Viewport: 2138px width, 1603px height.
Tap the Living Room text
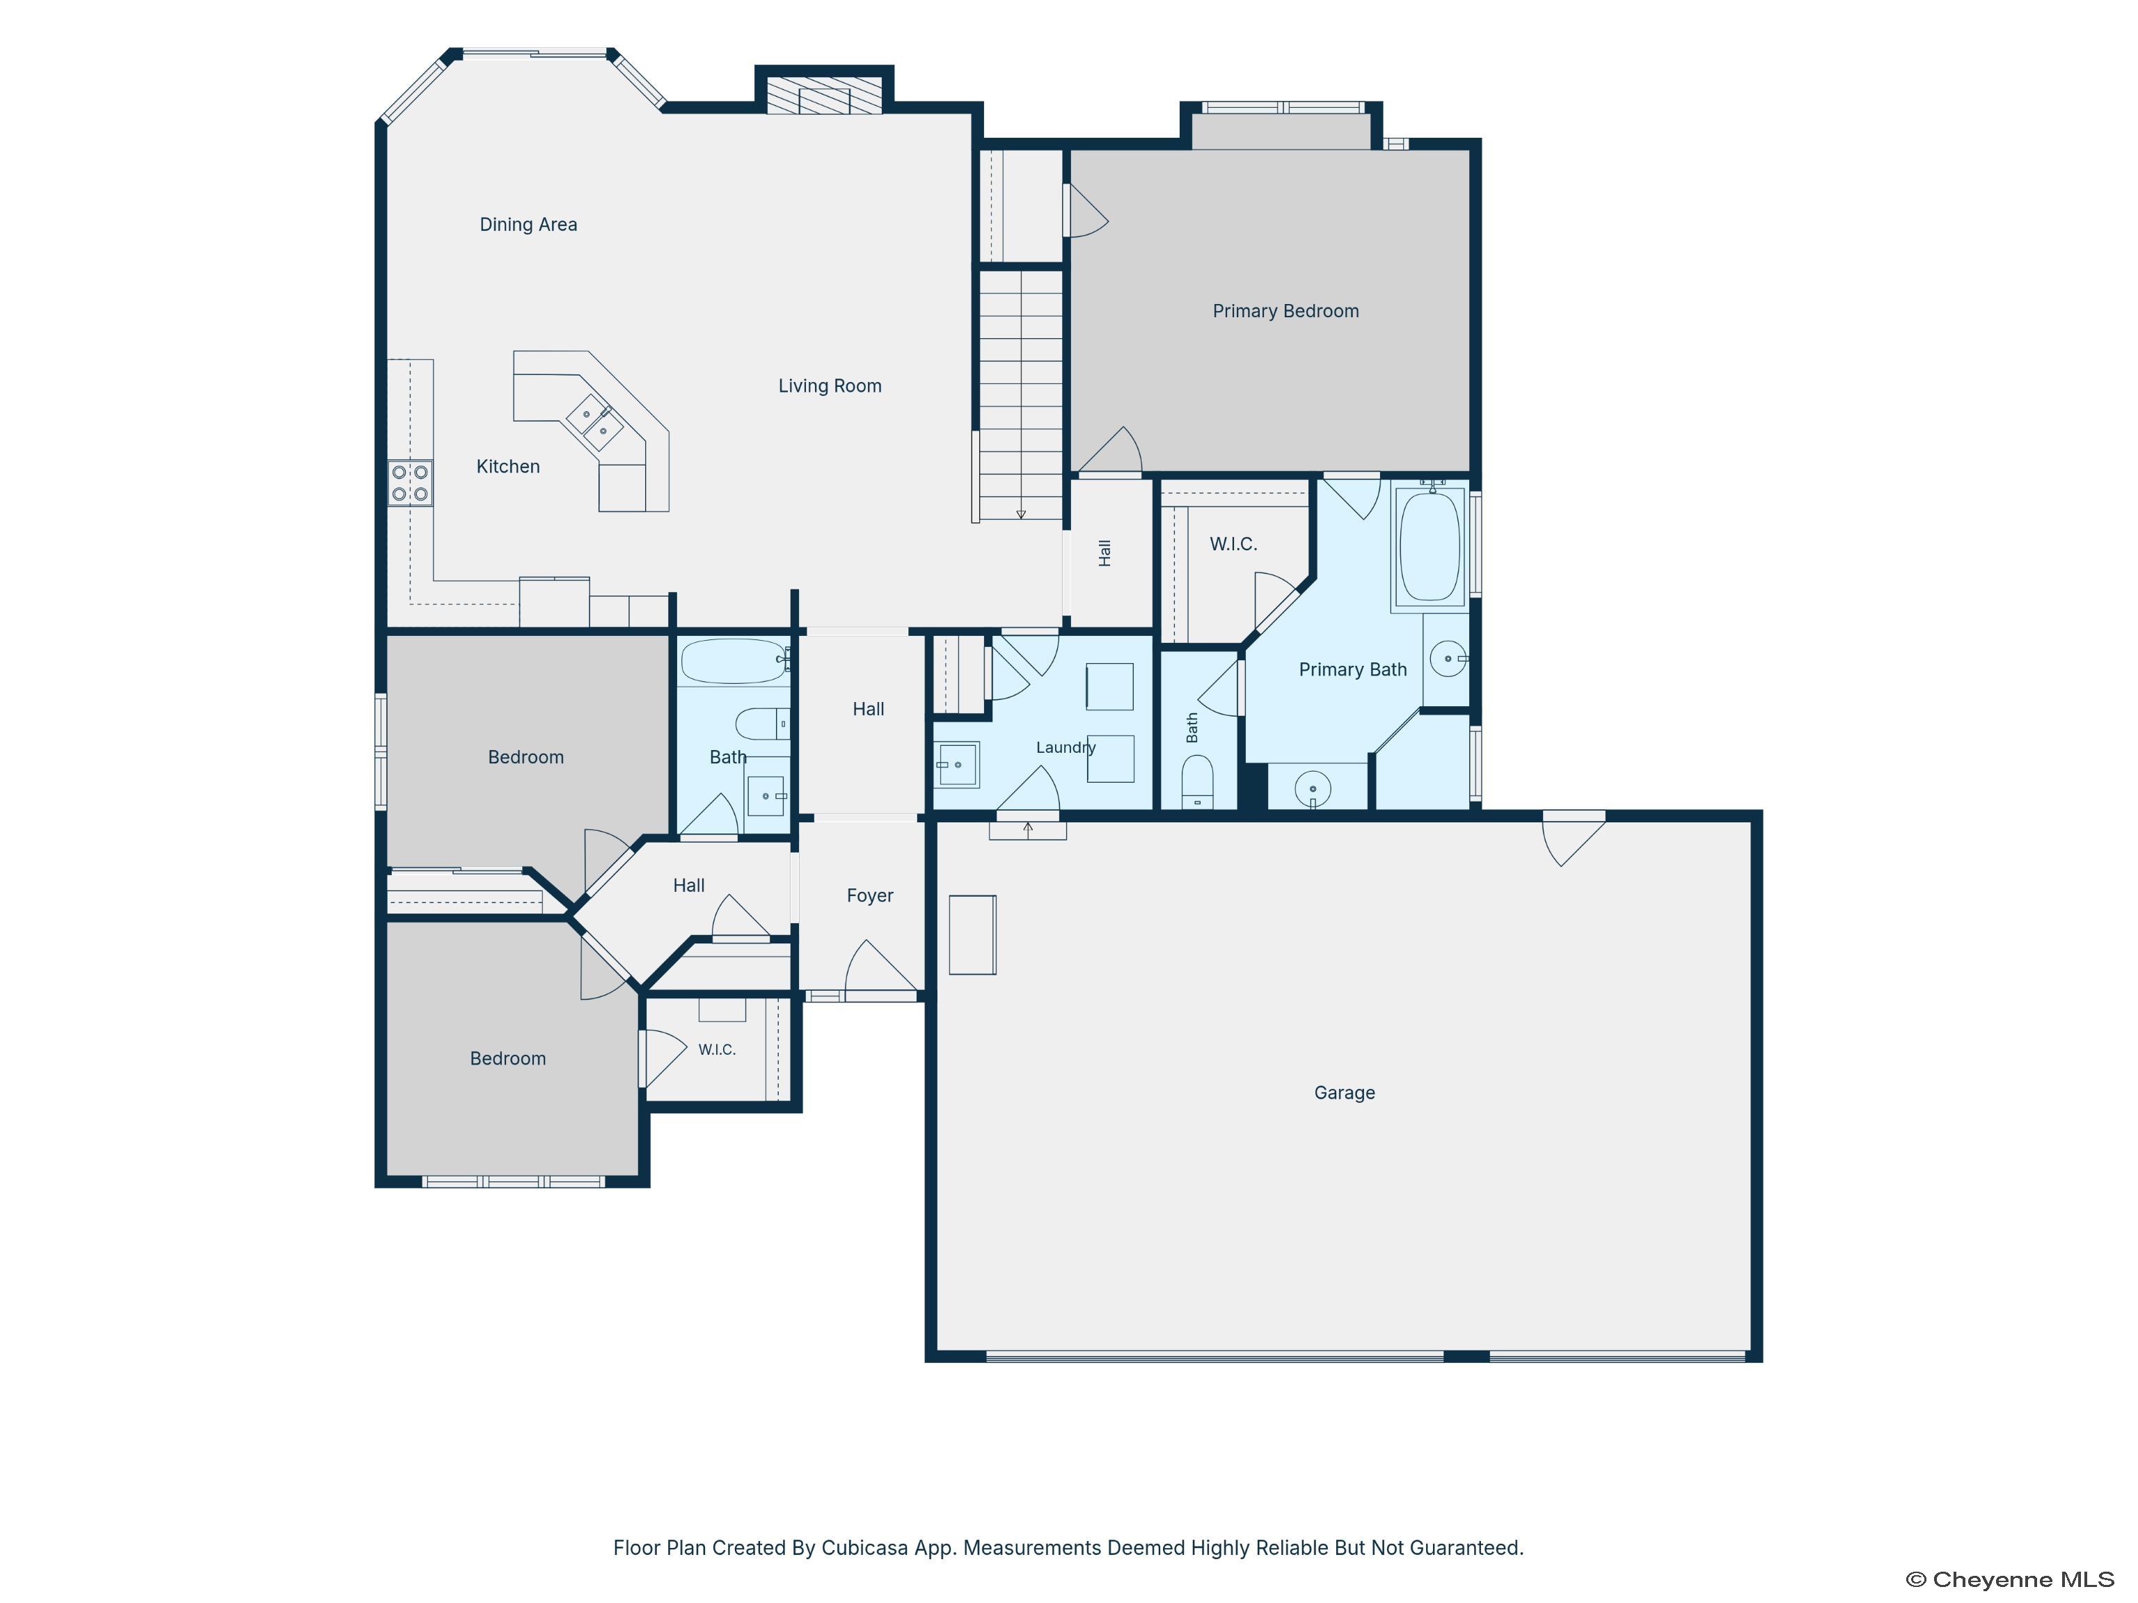click(x=830, y=385)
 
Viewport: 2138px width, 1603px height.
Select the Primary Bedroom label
click(x=1285, y=311)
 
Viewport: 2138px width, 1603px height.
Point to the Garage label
click(x=1345, y=1093)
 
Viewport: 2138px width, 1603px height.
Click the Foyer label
click(x=870, y=895)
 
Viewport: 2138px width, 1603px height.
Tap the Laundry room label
click(x=1065, y=747)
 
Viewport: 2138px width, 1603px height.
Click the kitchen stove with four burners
click(x=410, y=482)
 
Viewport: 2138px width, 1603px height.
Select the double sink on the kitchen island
click(x=594, y=423)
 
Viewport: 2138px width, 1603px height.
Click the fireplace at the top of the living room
click(x=825, y=95)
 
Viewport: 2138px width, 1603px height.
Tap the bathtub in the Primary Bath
click(x=1430, y=547)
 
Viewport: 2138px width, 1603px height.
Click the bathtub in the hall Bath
click(x=734, y=662)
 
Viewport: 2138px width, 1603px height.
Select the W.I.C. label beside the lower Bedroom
click(x=717, y=1049)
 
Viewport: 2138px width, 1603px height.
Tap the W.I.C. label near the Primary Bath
click(x=1233, y=544)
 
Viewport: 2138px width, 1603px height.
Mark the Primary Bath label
click(x=1352, y=669)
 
